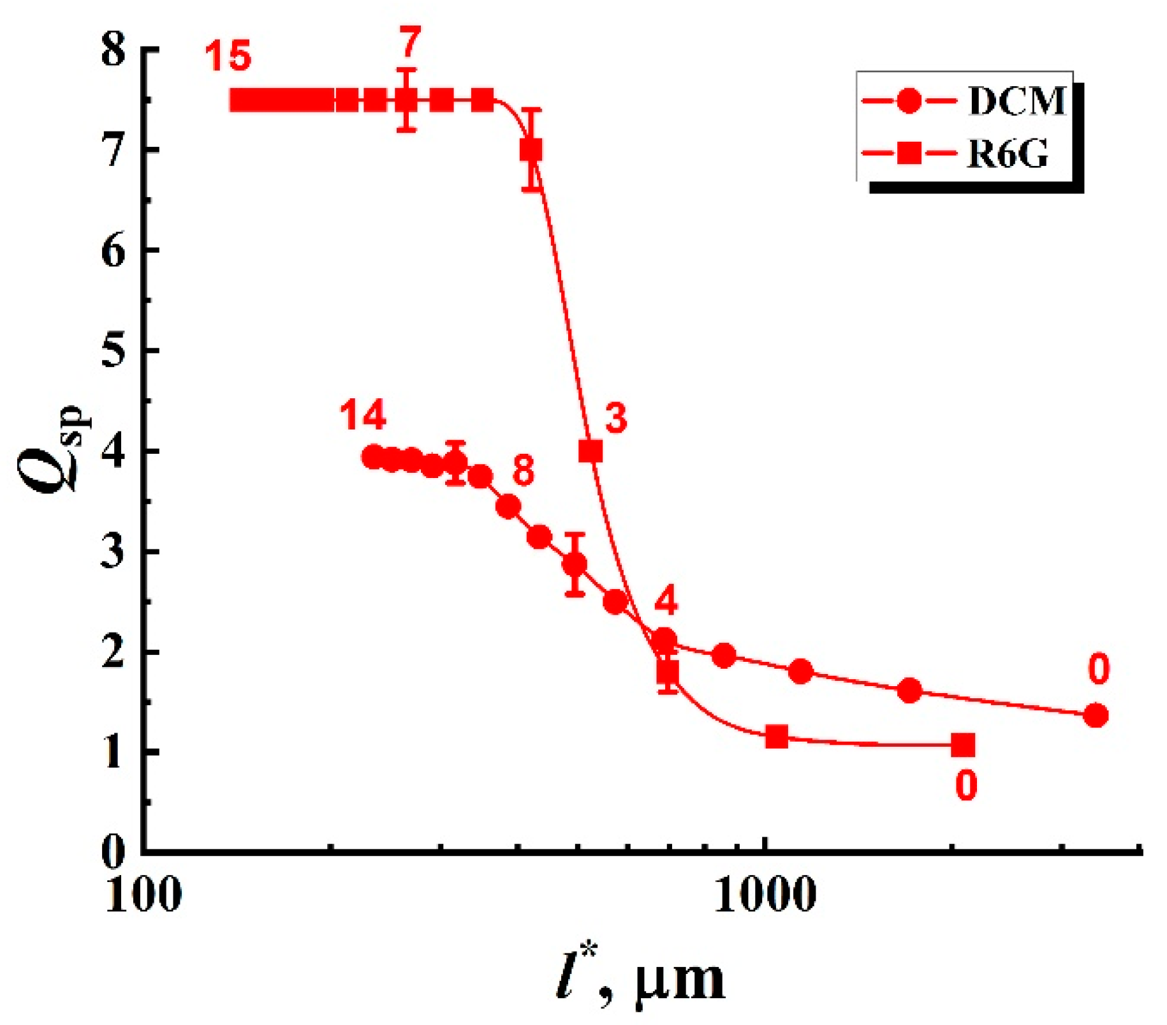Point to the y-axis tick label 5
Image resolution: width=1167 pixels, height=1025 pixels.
point(113,350)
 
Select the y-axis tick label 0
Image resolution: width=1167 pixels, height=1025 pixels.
point(113,851)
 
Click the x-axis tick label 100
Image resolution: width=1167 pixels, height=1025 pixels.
point(143,895)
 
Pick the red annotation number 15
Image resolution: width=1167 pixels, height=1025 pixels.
point(228,56)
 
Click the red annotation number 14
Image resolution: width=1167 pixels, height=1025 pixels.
point(362,416)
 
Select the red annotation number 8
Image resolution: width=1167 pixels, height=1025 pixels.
point(523,471)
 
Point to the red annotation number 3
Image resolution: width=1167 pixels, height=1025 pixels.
point(615,419)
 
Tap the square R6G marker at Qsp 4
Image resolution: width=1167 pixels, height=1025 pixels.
point(591,451)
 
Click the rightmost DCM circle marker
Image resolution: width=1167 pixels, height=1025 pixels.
point(1096,715)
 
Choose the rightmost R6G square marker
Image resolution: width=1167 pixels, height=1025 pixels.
point(963,744)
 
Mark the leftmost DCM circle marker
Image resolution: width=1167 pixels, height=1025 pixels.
point(374,457)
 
